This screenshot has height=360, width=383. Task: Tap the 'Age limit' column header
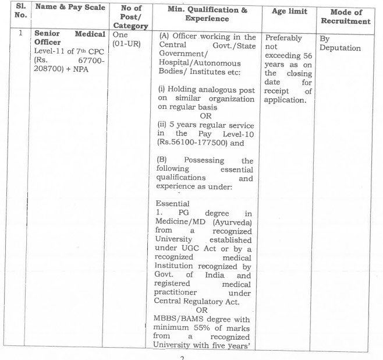tap(290, 12)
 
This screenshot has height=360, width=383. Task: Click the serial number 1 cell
tap(21, 34)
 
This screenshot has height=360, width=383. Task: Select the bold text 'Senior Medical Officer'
tap(69, 39)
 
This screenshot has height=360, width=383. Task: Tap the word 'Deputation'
tap(341, 48)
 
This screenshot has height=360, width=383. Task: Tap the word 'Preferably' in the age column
tap(283, 38)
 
